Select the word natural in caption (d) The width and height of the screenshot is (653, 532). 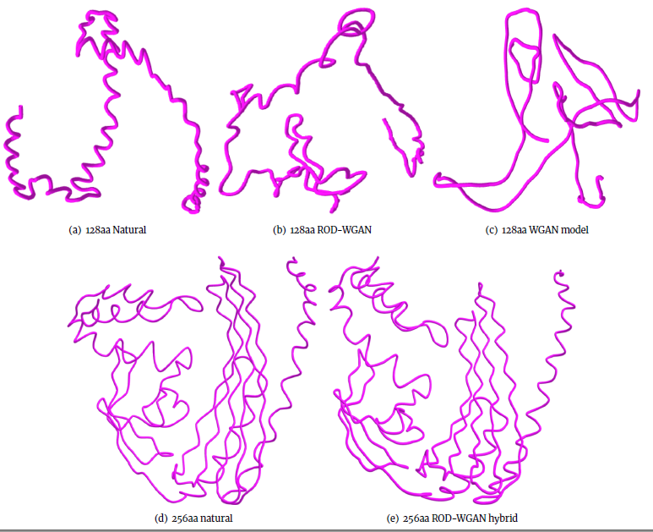[x=216, y=518]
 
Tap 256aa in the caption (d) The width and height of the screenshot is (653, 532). [x=186, y=518]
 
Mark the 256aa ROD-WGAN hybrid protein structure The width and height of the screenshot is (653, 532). [x=448, y=381]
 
